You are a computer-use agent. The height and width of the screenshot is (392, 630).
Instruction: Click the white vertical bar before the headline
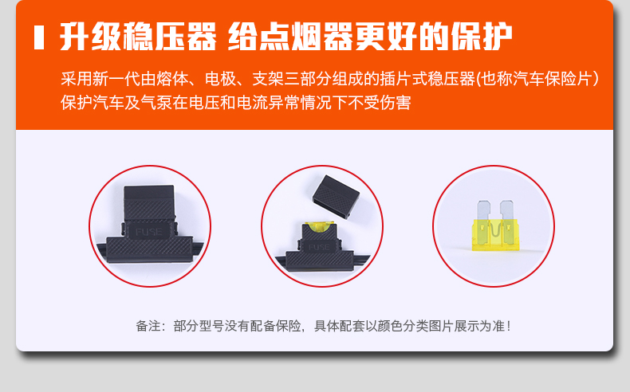39,37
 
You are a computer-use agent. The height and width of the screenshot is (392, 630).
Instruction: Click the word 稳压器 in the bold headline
170,37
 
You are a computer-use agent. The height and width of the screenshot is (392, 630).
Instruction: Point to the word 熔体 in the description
172,79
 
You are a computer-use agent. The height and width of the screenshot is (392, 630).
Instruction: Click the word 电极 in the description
220,79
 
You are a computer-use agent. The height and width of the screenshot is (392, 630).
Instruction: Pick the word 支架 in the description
268,79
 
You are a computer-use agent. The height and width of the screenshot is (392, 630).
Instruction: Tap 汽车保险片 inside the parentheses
551,79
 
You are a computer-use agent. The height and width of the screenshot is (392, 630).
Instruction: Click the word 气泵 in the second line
156,103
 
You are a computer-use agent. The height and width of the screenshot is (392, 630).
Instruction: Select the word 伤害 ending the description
395,103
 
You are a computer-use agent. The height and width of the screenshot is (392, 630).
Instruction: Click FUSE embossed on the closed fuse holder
148,232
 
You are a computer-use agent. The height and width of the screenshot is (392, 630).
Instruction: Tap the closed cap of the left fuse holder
149,202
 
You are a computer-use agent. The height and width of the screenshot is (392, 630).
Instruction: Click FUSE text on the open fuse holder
319,247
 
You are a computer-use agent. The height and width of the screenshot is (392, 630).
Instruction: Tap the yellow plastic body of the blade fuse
495,235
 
